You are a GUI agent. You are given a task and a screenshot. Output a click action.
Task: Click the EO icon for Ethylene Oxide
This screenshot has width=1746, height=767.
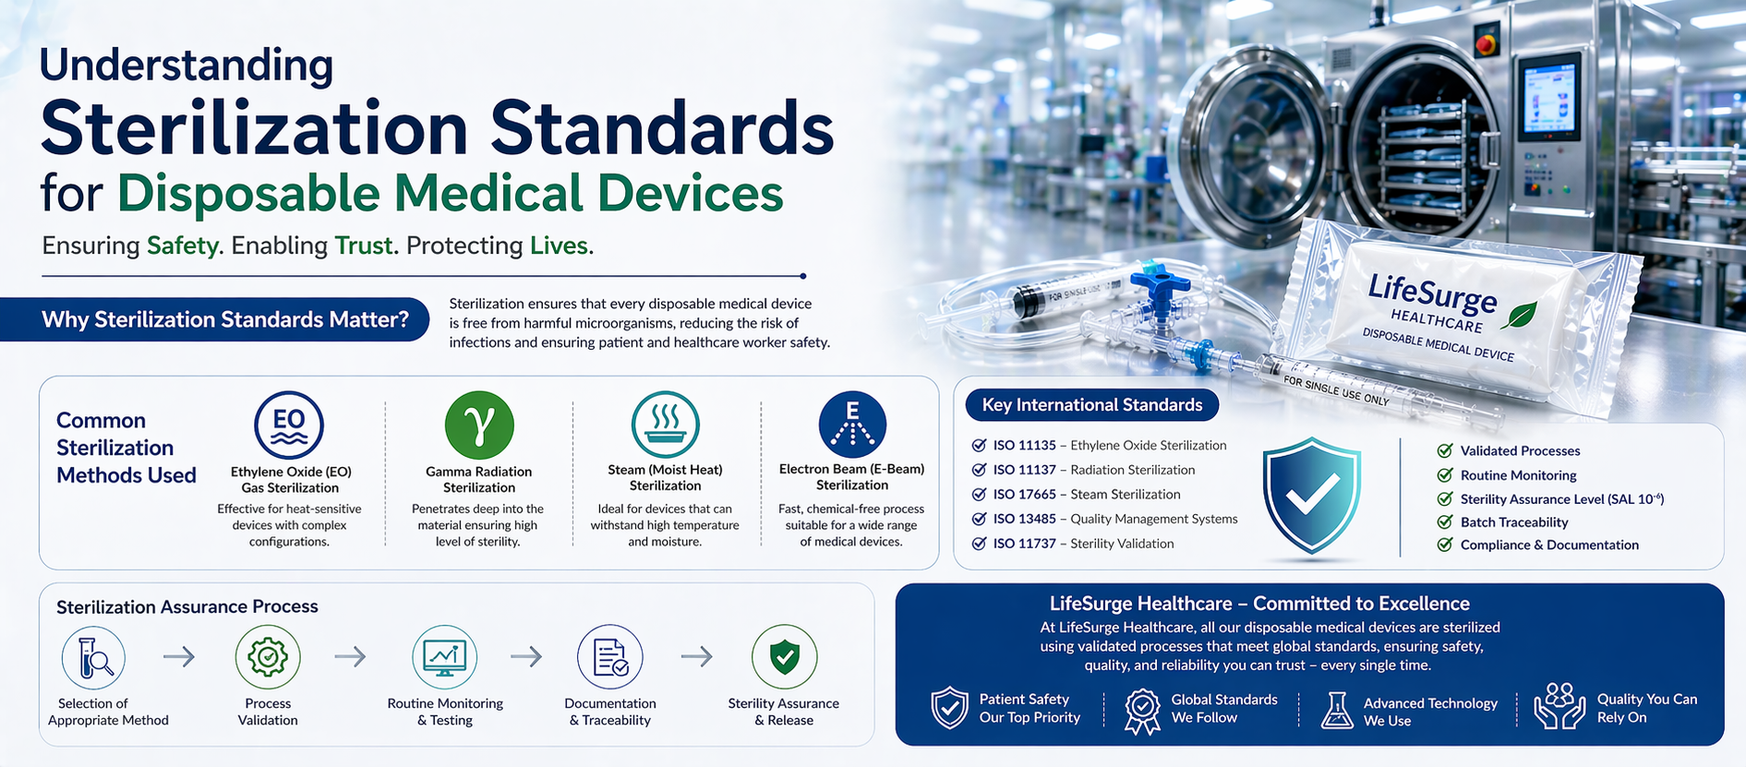click(x=289, y=425)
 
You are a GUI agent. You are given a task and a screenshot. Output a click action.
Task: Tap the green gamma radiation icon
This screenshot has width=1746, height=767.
click(x=479, y=425)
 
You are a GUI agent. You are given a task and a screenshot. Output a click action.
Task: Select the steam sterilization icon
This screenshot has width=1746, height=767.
click(x=665, y=425)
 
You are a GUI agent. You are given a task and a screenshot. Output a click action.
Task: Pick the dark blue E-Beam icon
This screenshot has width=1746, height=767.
click(x=852, y=425)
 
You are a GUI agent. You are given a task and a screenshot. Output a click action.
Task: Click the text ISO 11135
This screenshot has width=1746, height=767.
click(x=1024, y=446)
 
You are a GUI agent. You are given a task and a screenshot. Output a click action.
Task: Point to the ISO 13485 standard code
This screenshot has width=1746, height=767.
click(x=1024, y=519)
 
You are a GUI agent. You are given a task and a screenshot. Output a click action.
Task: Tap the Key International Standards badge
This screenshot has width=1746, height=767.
click(x=1091, y=405)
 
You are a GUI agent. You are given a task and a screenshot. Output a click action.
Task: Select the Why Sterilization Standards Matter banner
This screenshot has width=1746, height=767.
click(x=224, y=319)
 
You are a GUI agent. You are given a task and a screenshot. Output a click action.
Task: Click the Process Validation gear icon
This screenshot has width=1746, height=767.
click(x=268, y=657)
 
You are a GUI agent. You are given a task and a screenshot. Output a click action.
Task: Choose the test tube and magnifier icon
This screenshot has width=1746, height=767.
click(x=93, y=658)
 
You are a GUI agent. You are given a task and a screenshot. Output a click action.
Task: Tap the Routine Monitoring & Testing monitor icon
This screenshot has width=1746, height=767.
click(x=444, y=657)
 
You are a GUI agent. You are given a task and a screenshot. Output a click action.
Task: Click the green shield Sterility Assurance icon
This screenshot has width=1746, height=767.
click(x=784, y=657)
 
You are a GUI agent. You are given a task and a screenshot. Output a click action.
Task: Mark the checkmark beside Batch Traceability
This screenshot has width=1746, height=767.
click(x=1445, y=521)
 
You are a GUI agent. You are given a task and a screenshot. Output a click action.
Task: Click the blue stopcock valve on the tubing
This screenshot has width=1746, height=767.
click(x=1160, y=282)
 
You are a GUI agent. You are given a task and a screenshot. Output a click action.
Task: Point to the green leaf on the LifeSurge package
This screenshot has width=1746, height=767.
click(x=1519, y=315)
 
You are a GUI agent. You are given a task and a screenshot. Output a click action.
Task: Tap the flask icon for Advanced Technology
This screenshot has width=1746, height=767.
click(x=1336, y=711)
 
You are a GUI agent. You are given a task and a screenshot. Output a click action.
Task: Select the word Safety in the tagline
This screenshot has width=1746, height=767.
click(x=183, y=246)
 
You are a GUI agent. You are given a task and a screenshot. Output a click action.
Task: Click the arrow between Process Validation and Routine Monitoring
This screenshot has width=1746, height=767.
click(x=350, y=657)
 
